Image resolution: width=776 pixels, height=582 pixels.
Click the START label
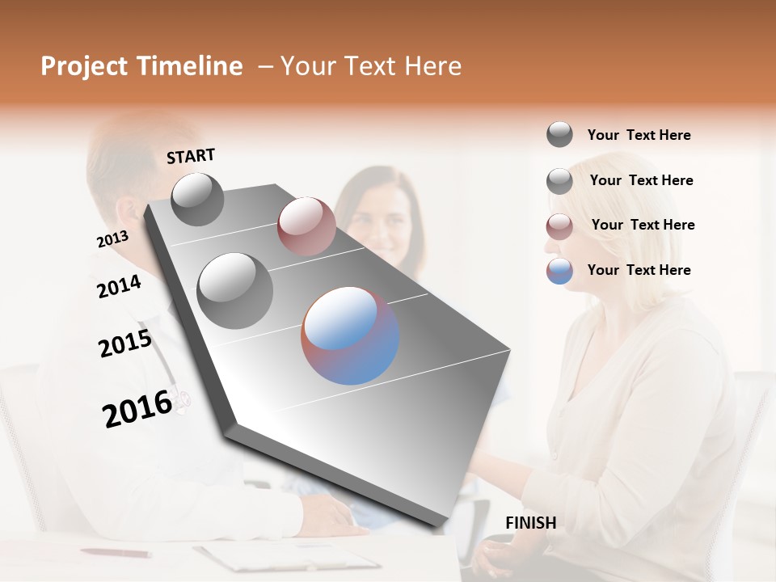click(x=191, y=155)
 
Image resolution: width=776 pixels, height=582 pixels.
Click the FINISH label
click(x=530, y=523)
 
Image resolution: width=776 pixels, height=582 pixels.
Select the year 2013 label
click(x=112, y=239)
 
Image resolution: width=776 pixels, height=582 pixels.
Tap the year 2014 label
click(x=119, y=286)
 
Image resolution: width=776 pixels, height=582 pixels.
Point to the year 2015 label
click(x=125, y=343)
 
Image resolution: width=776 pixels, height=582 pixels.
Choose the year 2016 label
click(x=137, y=408)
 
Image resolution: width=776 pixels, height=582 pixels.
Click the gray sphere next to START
click(x=197, y=199)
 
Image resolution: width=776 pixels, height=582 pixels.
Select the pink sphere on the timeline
click(x=306, y=226)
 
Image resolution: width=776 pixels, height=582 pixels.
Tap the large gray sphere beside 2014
click(x=234, y=290)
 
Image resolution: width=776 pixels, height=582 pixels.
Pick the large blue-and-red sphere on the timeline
click(x=350, y=335)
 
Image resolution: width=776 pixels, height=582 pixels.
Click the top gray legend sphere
click(x=559, y=134)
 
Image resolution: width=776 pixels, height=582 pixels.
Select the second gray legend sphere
click(x=559, y=181)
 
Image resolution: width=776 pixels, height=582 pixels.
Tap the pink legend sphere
click(x=559, y=226)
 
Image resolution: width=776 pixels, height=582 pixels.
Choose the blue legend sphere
click(x=559, y=272)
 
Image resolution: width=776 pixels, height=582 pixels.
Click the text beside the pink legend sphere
click(x=643, y=225)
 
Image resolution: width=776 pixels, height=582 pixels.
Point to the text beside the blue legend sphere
click(x=639, y=270)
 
